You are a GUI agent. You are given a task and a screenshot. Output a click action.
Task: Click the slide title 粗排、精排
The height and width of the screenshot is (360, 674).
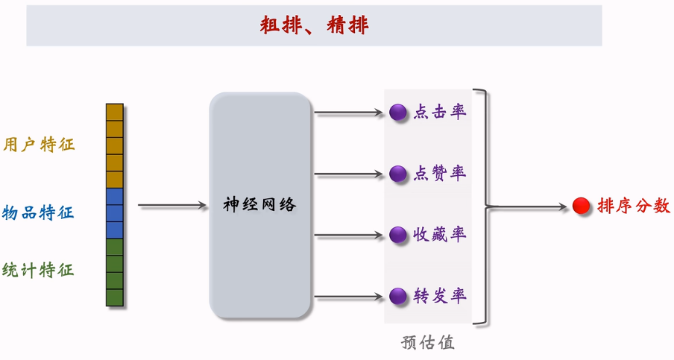point(314,26)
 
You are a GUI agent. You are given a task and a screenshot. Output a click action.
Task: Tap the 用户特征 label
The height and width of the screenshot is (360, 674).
point(39,144)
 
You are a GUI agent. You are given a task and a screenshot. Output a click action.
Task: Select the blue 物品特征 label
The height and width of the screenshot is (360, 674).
point(38,212)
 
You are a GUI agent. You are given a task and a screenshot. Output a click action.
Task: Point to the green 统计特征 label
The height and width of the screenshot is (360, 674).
point(38,270)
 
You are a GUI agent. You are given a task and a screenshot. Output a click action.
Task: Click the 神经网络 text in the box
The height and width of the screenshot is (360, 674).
point(259,204)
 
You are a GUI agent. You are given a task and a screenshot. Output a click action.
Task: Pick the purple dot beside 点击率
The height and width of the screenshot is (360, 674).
point(398,113)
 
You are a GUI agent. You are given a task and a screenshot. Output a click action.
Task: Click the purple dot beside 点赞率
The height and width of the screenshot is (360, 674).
point(398,174)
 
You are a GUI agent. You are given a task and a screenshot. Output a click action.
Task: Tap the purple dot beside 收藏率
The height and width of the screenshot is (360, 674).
point(398,235)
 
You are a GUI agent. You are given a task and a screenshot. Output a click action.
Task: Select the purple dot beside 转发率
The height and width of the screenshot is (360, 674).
point(398,296)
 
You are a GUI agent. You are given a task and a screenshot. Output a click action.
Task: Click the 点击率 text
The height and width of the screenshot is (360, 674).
point(440,113)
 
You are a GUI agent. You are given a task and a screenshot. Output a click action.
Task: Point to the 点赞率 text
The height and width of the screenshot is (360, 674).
point(440,174)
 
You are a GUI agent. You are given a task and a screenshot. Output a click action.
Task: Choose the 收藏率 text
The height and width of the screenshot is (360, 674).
point(440,235)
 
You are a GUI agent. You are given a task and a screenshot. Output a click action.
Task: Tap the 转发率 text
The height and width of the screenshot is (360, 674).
point(440,296)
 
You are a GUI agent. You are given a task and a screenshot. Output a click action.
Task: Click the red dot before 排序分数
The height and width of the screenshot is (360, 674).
point(582,206)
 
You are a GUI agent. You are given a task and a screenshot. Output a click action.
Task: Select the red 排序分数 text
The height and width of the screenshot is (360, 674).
point(633,206)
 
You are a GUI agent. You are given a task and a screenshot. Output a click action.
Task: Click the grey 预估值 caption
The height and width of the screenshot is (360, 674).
point(427,343)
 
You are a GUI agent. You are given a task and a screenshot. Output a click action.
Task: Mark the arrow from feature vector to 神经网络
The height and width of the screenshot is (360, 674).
point(172,205)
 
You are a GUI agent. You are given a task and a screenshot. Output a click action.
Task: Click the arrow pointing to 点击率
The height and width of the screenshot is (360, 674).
point(348,113)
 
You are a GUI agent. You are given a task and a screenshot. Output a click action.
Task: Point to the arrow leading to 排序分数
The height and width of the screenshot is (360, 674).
point(529,206)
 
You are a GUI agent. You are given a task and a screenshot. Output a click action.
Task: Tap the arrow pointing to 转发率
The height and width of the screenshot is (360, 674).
point(348,297)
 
